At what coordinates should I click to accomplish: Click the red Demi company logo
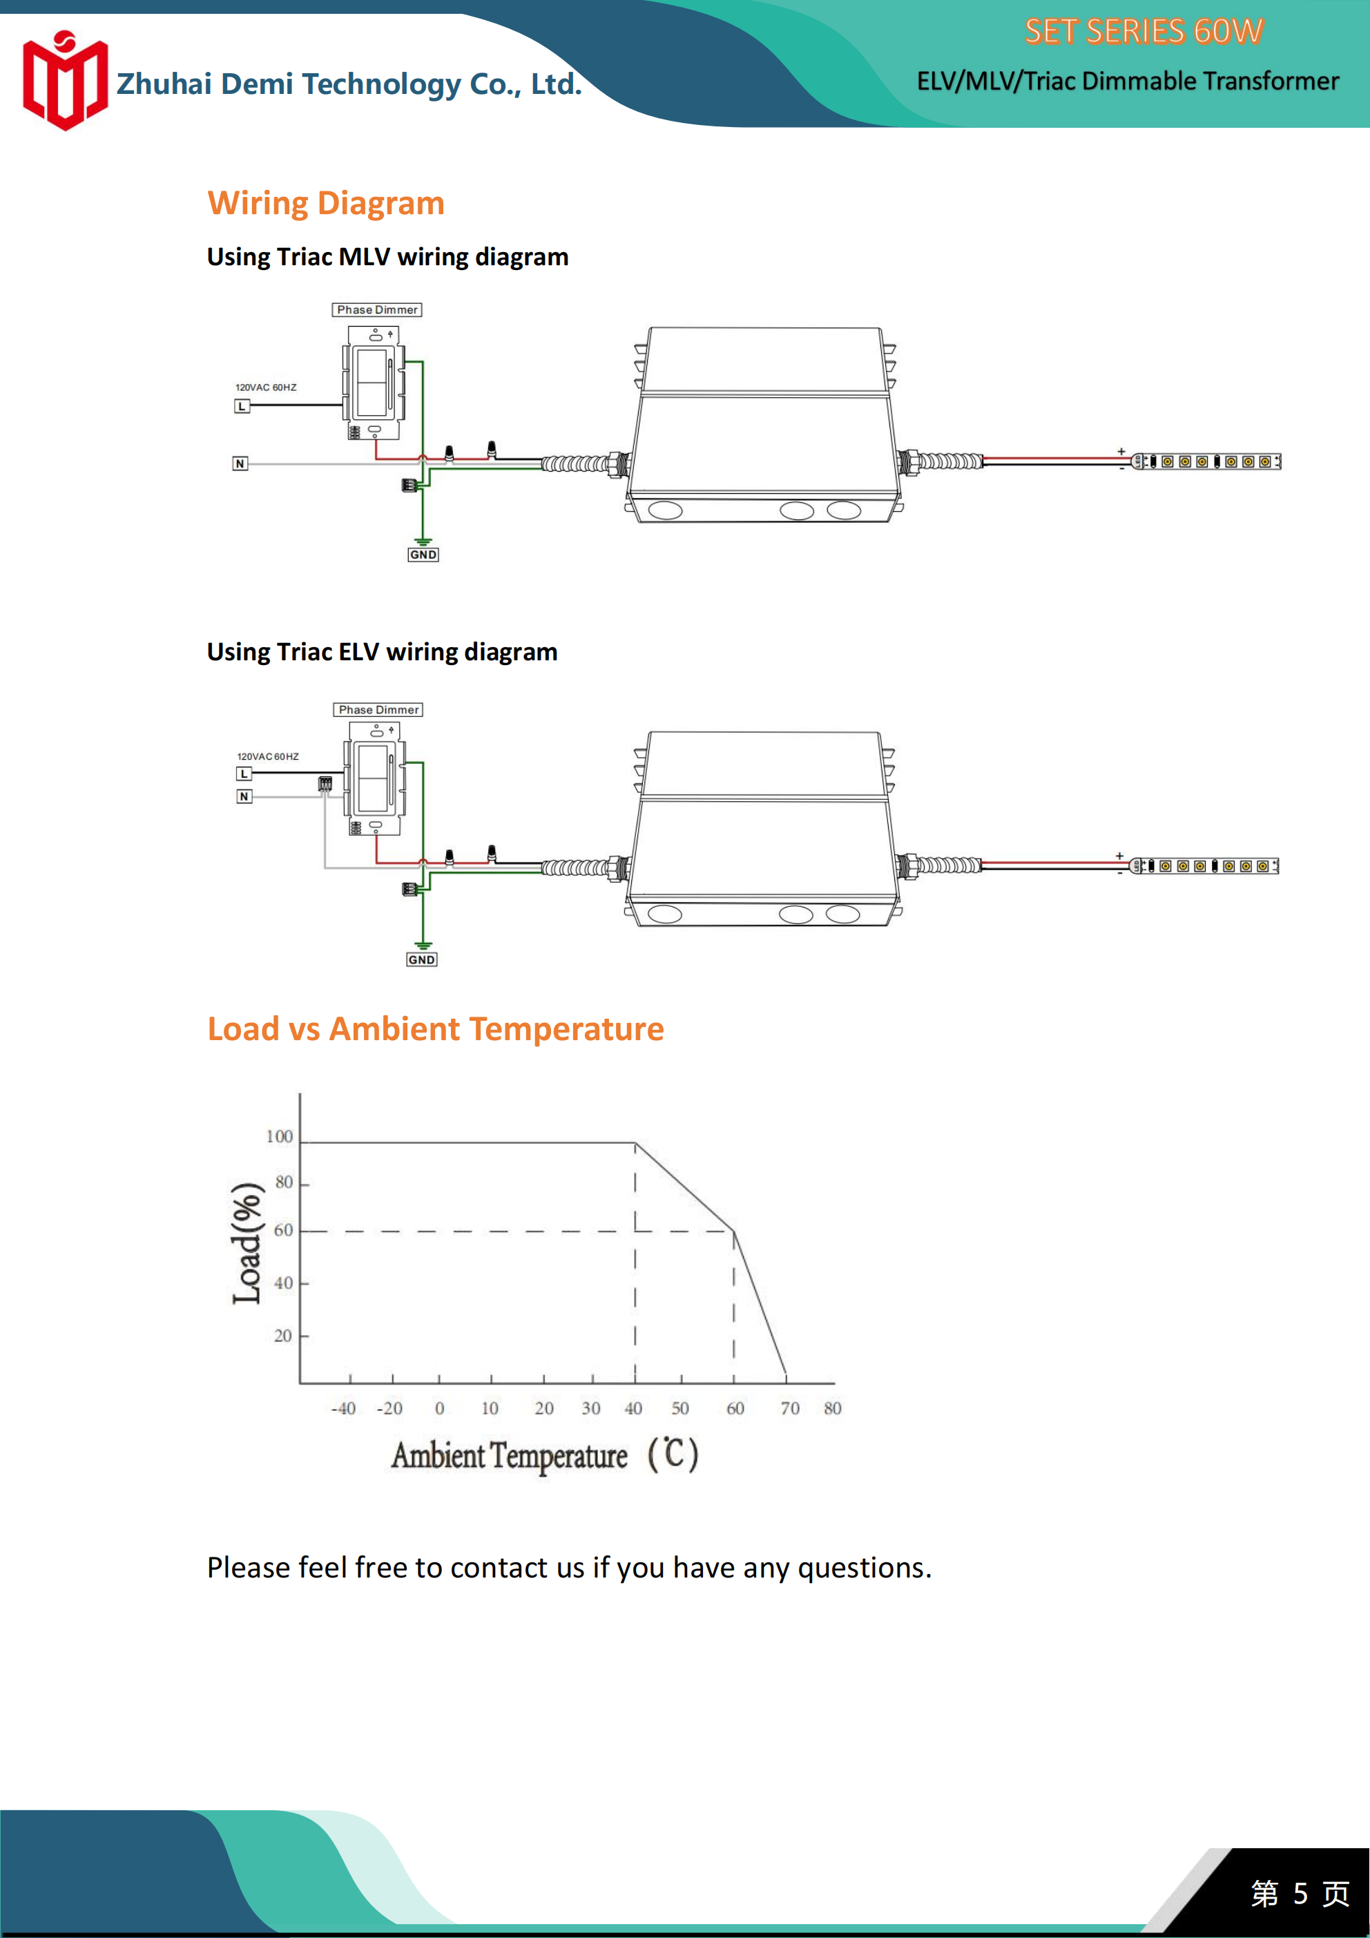click(65, 81)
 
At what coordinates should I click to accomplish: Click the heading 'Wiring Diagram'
click(326, 204)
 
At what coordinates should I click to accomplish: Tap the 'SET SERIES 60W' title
click(1143, 32)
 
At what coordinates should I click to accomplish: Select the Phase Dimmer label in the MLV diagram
click(377, 310)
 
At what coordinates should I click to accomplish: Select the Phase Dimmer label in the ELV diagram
click(378, 710)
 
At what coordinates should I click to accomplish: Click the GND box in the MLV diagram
click(423, 555)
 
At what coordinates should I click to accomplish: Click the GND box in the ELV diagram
click(422, 960)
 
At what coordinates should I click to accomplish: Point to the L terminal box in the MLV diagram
click(242, 406)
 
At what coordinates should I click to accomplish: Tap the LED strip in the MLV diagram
click(1206, 462)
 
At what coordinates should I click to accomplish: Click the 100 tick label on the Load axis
click(280, 1136)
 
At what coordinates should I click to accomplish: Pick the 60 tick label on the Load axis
click(284, 1230)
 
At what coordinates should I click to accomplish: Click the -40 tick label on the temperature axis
click(342, 1408)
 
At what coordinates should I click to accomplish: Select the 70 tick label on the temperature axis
click(789, 1408)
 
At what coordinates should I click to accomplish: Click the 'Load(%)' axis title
click(247, 1243)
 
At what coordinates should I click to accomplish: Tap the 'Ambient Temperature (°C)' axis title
click(544, 1455)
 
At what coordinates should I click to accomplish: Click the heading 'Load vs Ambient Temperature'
click(436, 1029)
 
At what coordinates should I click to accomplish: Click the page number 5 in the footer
click(1300, 1893)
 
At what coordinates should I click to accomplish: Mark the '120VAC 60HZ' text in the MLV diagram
click(266, 387)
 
